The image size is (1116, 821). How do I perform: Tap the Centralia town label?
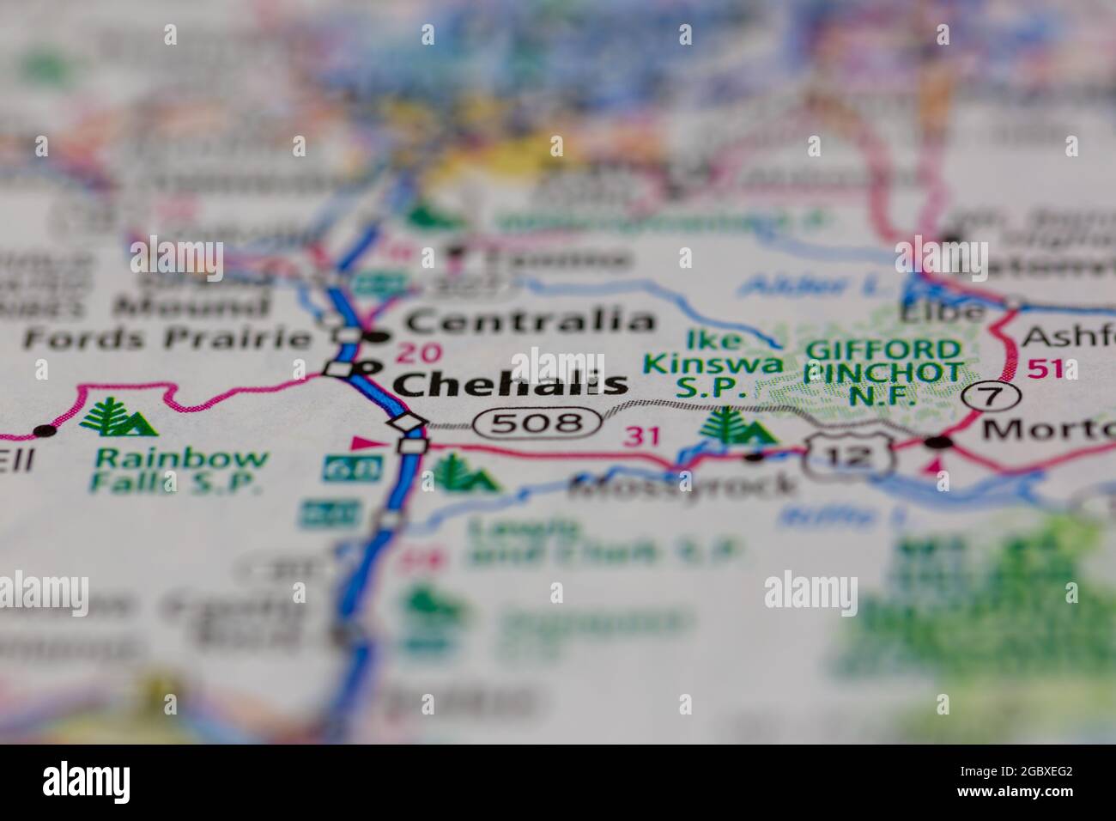pos(529,322)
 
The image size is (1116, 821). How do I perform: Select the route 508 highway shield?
pos(538,422)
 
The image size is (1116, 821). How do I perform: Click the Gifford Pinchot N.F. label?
pos(884,373)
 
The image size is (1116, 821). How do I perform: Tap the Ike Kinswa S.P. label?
pos(712,364)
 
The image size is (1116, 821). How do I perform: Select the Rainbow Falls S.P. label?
pos(181,470)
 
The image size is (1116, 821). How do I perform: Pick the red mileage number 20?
pos(420,352)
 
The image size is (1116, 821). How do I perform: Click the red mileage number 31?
pos(643,436)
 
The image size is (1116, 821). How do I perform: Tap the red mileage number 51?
pos(1045,370)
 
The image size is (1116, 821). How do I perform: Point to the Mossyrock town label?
pos(682,487)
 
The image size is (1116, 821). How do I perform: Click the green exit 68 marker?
pos(340,468)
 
